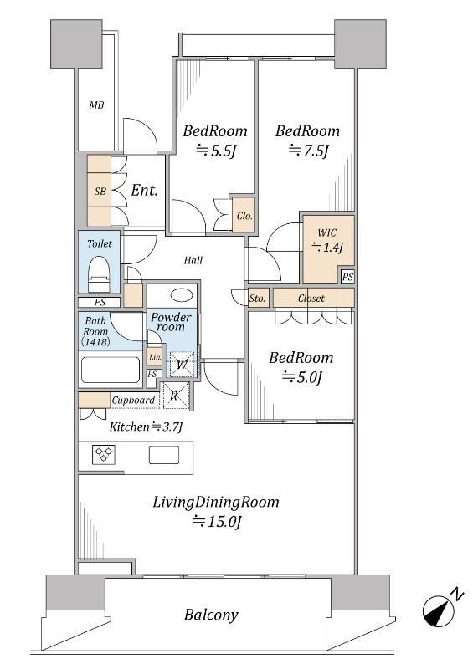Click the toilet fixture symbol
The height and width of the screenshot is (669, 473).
click(x=99, y=274)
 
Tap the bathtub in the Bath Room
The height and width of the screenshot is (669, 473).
click(x=111, y=370)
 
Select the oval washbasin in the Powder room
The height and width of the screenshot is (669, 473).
click(x=182, y=295)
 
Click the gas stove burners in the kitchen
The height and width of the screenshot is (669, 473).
click(x=104, y=454)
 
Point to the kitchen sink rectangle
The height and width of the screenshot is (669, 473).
click(x=163, y=454)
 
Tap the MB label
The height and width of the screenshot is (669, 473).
click(x=96, y=105)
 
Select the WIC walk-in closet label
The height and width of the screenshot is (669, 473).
click(x=326, y=232)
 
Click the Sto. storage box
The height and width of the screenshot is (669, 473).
click(x=258, y=299)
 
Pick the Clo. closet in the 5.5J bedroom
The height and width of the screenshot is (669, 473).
click(x=244, y=215)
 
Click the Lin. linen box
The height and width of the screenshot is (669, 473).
click(x=155, y=357)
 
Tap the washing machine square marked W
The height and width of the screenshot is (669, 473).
click(x=182, y=365)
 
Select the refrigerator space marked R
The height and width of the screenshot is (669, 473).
click(x=174, y=396)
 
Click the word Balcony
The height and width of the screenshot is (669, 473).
click(x=211, y=615)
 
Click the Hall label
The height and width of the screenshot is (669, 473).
click(x=193, y=260)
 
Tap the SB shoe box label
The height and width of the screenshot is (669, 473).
click(x=100, y=191)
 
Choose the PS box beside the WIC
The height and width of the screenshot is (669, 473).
click(x=347, y=277)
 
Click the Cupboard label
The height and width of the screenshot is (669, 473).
click(x=133, y=401)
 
